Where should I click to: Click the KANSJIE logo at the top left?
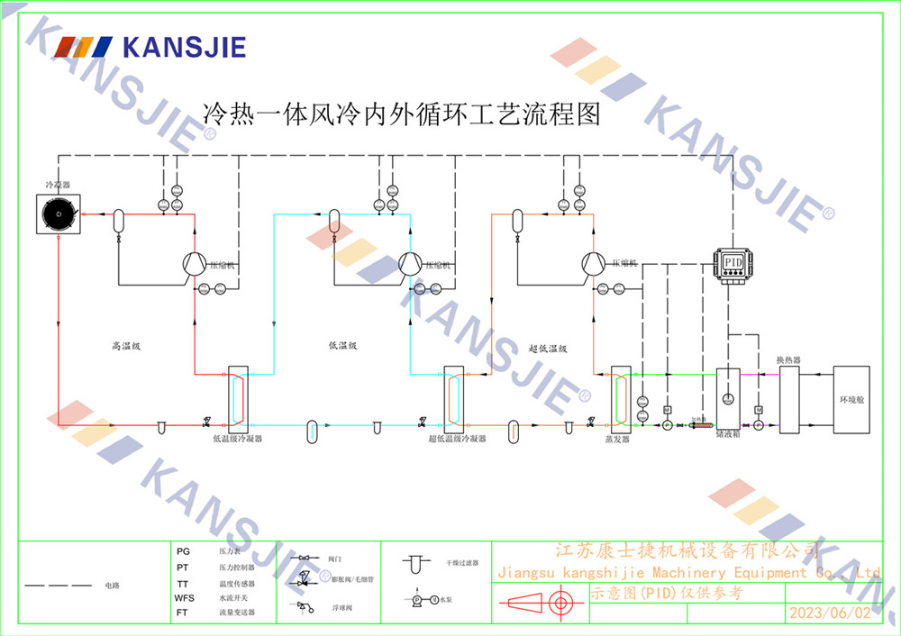point(150,47)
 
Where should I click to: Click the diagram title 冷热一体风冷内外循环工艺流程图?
point(401,114)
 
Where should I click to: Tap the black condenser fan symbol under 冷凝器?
point(58,214)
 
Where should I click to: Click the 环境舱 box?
point(851,399)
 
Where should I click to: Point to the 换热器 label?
point(788,360)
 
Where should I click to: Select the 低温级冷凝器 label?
point(237,439)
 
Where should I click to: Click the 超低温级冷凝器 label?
point(457,439)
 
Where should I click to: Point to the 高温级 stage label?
point(123,345)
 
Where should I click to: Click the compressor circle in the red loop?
point(194,263)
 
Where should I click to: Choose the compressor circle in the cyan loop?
point(411,263)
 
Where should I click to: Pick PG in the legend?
point(183,550)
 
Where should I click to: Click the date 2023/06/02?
point(830,613)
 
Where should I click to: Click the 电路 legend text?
point(112,586)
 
